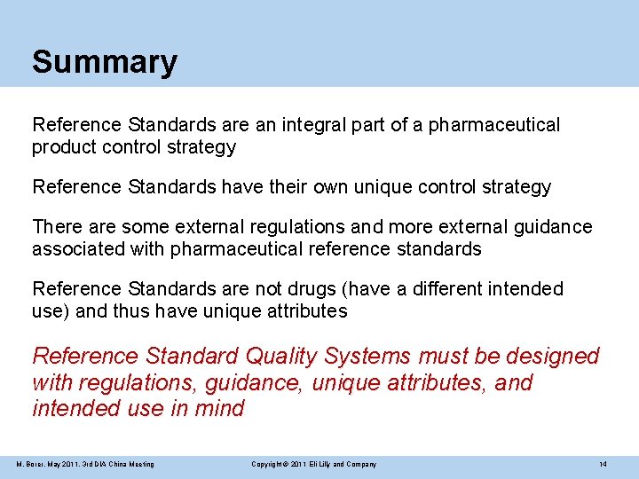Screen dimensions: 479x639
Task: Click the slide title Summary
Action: (x=105, y=62)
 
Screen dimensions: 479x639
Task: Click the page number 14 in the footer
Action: (x=603, y=464)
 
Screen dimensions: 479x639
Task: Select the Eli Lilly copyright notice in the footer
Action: (x=314, y=464)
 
